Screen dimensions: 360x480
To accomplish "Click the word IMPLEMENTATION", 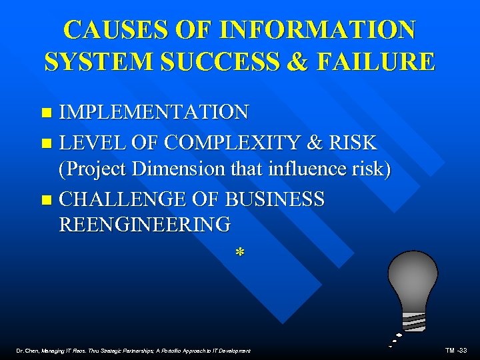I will pos(154,112).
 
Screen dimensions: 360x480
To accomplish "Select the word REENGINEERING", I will pos(145,224).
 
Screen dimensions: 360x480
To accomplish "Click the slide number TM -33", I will pos(457,350).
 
